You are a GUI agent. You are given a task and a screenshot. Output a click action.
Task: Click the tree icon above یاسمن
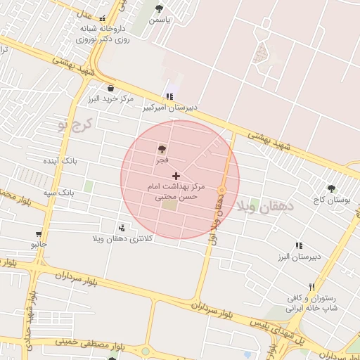(x=158, y=9)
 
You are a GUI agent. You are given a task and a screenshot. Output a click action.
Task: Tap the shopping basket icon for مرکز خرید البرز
(x=111, y=88)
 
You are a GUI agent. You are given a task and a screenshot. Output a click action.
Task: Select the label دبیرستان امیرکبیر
(x=171, y=108)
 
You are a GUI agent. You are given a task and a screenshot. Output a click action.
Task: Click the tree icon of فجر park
(x=162, y=149)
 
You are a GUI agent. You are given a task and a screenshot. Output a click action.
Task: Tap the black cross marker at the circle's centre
(x=175, y=175)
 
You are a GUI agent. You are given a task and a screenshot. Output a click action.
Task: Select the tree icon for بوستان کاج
(x=331, y=188)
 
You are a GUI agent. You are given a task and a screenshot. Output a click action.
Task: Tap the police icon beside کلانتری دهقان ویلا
(x=122, y=228)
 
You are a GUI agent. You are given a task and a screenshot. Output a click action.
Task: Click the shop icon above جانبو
(x=38, y=234)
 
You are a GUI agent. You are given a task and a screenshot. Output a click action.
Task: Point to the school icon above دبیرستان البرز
(x=298, y=245)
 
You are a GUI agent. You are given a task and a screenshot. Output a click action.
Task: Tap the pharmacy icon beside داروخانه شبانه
(x=103, y=19)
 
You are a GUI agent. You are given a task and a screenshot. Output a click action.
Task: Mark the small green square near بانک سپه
(x=89, y=186)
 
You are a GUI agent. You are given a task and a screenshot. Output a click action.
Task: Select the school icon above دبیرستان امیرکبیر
(x=169, y=96)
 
